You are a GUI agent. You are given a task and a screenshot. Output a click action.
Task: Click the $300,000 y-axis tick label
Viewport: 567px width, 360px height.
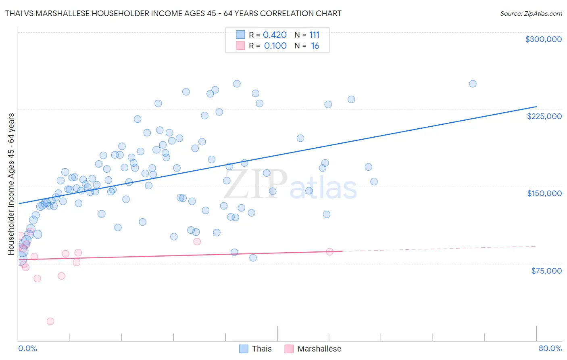click(x=543, y=39)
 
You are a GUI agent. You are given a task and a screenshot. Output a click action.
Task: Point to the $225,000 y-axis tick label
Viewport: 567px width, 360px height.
click(x=544, y=116)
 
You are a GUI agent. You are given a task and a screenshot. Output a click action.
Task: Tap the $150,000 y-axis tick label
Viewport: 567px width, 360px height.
click(x=544, y=193)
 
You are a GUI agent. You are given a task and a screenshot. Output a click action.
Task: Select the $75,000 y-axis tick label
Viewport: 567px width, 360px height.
click(x=546, y=271)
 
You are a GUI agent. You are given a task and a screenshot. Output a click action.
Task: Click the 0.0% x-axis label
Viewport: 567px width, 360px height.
click(x=27, y=348)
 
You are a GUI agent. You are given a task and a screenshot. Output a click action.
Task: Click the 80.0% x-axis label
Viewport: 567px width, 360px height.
click(x=550, y=348)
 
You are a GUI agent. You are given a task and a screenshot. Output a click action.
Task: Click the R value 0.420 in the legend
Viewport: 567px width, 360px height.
click(x=275, y=35)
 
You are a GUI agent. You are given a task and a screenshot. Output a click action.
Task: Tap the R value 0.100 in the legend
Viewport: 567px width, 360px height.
click(x=275, y=46)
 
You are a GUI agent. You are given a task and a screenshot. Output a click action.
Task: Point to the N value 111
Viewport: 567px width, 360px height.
click(x=314, y=35)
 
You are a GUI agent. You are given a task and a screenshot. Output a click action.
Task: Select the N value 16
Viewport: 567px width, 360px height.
click(x=315, y=46)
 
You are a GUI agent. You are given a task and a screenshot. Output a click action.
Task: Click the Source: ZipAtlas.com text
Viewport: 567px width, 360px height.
click(x=531, y=14)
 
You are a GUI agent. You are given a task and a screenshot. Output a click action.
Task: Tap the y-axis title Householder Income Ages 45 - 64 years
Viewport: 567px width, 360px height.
click(x=11, y=184)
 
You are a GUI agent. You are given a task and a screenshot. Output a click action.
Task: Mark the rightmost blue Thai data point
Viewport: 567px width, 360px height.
click(x=473, y=84)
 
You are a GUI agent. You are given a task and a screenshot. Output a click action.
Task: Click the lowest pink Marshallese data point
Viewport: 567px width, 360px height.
click(x=50, y=321)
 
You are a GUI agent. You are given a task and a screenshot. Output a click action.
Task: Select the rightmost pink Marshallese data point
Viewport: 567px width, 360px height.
click(x=329, y=252)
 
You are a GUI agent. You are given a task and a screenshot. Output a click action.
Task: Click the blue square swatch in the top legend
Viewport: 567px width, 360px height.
click(x=240, y=35)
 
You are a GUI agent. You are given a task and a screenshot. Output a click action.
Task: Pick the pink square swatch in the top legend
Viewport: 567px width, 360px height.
click(x=240, y=46)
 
